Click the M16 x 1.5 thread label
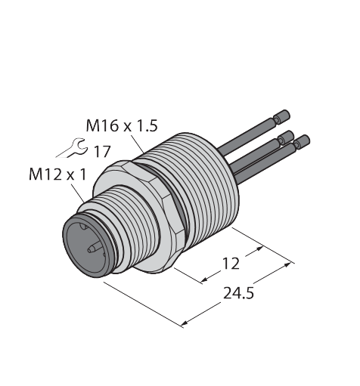(122, 125)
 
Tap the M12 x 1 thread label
(57, 174)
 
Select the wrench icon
(72, 148)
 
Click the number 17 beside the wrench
(102, 151)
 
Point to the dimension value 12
(231, 264)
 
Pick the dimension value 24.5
(238, 293)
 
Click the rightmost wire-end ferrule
(302, 142)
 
